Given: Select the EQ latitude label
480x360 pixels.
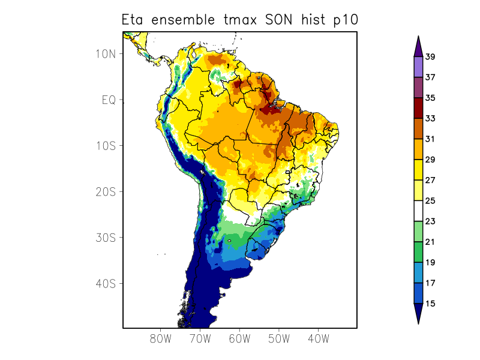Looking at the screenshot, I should click(109, 100).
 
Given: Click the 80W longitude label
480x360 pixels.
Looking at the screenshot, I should click(161, 338).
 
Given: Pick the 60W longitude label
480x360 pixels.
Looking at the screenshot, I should click(239, 338).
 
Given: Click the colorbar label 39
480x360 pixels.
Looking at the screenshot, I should click(430, 57).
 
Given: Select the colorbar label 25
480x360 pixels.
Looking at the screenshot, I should click(430, 201).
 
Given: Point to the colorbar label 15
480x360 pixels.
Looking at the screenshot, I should click(430, 304).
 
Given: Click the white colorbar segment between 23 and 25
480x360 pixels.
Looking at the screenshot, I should click(418, 211).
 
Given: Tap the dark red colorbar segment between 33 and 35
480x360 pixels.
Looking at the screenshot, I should click(418, 108).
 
